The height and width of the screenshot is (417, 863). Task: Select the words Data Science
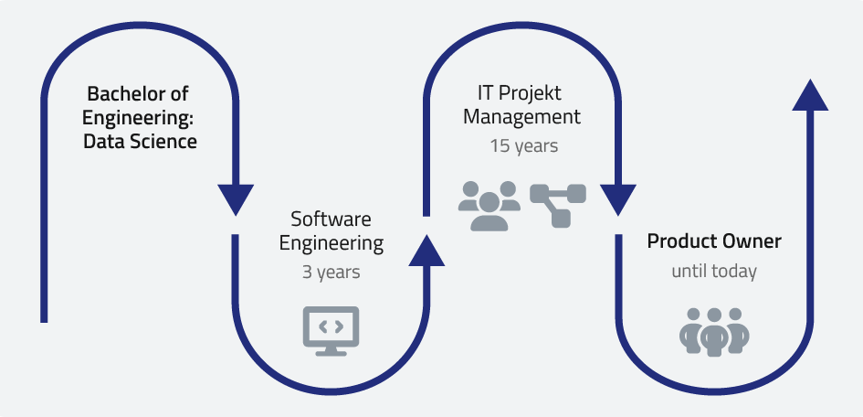(x=140, y=142)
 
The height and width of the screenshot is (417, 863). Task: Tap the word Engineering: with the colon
(x=140, y=118)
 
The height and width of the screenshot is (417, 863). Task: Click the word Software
(x=331, y=219)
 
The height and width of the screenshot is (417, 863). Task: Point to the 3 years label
(x=331, y=272)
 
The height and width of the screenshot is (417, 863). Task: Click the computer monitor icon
(x=331, y=330)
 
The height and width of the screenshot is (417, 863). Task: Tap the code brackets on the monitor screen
(x=331, y=324)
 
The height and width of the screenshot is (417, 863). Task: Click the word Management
(x=521, y=117)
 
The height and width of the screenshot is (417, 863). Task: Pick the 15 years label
(x=523, y=145)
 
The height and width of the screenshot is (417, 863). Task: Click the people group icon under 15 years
(x=489, y=205)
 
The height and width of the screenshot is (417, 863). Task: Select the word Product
(x=677, y=242)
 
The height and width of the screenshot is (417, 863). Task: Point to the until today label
(x=714, y=272)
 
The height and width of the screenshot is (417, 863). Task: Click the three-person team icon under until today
(x=714, y=331)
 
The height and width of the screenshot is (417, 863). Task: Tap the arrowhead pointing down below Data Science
(x=236, y=198)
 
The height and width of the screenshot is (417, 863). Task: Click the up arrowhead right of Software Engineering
(x=426, y=250)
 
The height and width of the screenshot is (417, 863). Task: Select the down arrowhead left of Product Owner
(x=617, y=198)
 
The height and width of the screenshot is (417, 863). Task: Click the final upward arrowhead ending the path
(x=809, y=94)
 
